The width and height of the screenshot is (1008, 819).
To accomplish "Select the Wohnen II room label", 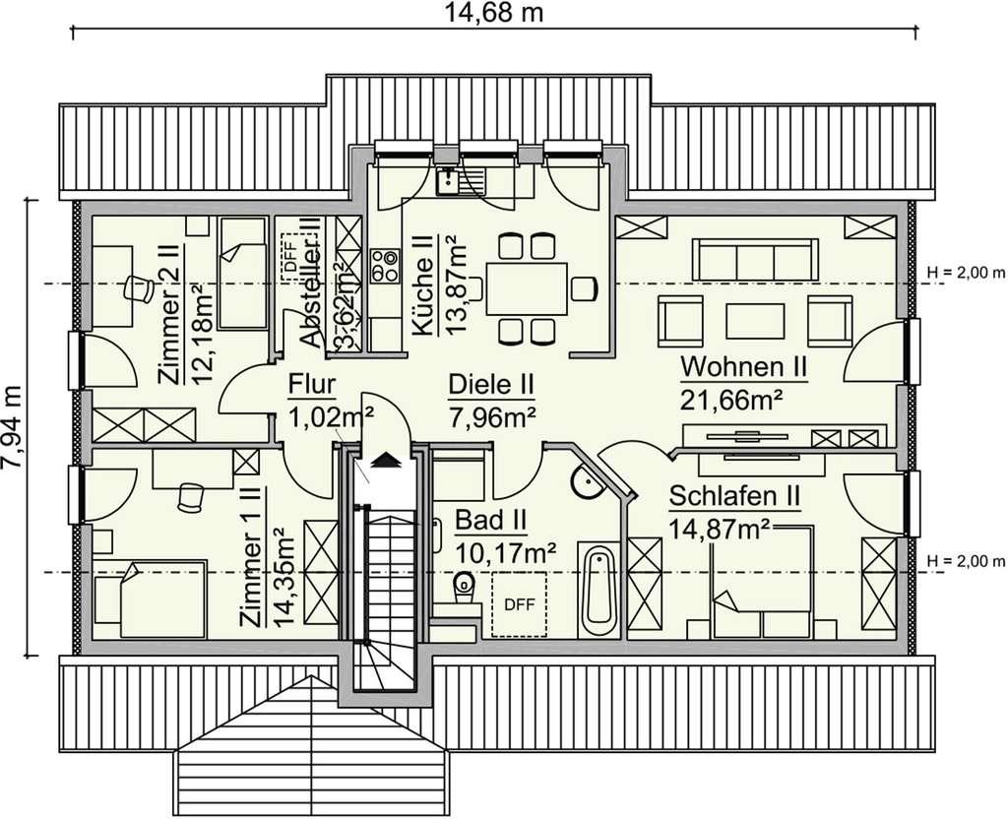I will (744, 367).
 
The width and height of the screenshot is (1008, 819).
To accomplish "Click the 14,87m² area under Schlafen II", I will (720, 529).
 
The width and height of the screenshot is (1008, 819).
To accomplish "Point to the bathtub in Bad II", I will (598, 591).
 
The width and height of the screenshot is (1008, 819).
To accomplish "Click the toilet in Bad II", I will (463, 589).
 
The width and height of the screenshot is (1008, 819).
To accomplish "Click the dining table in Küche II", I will (526, 287).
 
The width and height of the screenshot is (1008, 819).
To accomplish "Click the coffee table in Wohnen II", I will (756, 321).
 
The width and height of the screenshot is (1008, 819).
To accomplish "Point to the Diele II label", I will (491, 384).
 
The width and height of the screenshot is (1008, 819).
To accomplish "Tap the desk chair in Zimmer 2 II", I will (137, 288).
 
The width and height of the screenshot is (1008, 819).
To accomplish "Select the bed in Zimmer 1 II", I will (150, 598).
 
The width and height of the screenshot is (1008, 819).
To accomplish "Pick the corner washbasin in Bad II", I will (586, 482).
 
